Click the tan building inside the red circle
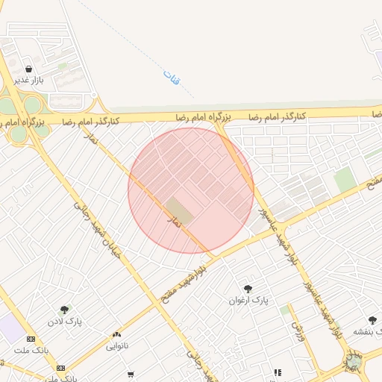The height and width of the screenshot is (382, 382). pos(179,210)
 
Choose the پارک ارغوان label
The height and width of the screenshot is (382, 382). pos(248,300)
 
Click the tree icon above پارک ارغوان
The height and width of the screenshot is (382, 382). pos(248,289)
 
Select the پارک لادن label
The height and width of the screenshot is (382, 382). pos(65,322)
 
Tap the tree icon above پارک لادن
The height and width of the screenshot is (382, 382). pos(65,310)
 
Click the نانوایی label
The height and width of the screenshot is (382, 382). pos(116,346)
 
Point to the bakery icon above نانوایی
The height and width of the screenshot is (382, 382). pos(116,335)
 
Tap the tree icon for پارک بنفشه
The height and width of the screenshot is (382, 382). pos(372,320)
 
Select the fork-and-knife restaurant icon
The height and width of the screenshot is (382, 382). pos(277,372)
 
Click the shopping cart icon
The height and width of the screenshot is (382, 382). pos(131,374)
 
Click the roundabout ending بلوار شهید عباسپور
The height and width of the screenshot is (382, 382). pos(352,363)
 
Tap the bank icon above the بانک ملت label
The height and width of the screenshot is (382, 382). pos(30,339)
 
